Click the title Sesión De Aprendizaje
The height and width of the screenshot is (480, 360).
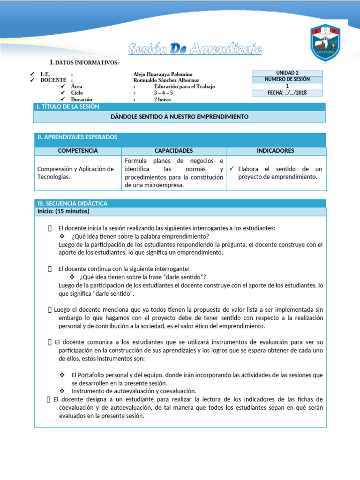[x=195, y=49]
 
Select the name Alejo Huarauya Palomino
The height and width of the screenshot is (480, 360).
[x=163, y=74]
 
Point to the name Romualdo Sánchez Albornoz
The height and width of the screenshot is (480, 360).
[x=166, y=80]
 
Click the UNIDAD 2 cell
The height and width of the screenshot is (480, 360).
[x=287, y=73]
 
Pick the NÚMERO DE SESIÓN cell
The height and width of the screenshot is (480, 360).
[x=287, y=80]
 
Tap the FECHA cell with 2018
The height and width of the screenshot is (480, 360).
[x=287, y=93]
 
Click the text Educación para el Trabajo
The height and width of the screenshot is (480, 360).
[x=185, y=87]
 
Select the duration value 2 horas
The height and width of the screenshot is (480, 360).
[x=162, y=99]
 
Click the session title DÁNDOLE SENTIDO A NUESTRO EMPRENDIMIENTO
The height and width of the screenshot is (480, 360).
[x=180, y=116]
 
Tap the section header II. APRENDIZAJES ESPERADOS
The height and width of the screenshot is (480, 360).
[x=77, y=137]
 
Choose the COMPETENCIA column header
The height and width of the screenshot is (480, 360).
[x=78, y=151]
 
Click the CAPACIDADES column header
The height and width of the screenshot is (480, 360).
[x=173, y=151]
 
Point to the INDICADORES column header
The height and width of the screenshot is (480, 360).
[x=276, y=151]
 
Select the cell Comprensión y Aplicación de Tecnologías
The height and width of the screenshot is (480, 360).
[x=75, y=172]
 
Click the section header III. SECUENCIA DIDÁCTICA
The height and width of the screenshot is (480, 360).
[x=72, y=203]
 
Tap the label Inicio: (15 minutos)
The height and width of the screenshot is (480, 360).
[x=63, y=211]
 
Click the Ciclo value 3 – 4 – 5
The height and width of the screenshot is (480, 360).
[x=164, y=93]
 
